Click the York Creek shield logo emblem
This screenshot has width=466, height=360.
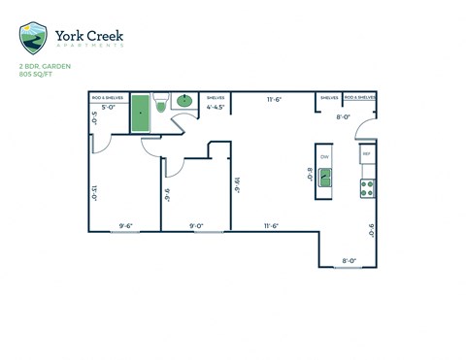click(x=35, y=39)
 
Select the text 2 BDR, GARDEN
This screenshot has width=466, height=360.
click(x=41, y=66)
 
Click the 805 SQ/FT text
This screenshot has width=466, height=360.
click(x=36, y=75)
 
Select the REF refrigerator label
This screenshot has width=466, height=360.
click(x=367, y=154)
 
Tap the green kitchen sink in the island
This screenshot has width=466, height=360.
click(x=324, y=176)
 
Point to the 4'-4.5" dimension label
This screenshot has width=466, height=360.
click(x=216, y=109)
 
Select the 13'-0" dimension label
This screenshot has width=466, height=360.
click(x=95, y=193)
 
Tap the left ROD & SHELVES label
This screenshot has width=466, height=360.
click(x=106, y=98)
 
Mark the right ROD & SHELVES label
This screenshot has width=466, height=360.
click(x=359, y=98)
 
